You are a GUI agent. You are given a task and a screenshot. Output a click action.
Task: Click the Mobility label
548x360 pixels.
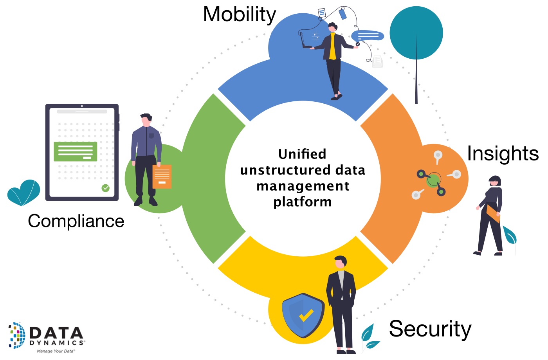[240, 15]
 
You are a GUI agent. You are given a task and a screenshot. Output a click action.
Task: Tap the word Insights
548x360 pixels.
[503, 153]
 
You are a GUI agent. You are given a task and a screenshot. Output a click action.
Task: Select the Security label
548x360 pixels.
[430, 329]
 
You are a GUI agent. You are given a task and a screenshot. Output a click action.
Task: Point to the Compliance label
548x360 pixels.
[76, 221]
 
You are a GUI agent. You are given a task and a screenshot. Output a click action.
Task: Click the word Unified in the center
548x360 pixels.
[302, 154]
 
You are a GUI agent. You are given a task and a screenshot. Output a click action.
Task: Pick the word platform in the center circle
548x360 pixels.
[302, 202]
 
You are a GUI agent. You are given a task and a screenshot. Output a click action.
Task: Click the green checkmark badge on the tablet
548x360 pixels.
[106, 188]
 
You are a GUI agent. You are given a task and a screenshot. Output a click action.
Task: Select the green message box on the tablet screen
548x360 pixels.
[75, 151]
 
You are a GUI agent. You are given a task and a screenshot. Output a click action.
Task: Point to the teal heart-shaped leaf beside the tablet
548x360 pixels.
[24, 192]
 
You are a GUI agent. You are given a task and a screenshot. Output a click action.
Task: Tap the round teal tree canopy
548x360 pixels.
[416, 33]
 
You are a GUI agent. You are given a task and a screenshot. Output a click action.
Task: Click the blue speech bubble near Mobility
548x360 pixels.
[368, 36]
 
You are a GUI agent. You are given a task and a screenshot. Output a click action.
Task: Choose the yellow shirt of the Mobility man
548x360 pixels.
[332, 46]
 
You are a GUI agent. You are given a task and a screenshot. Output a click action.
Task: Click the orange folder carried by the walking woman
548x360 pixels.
[493, 214]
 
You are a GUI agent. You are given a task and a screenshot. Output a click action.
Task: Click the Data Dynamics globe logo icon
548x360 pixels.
[17, 335]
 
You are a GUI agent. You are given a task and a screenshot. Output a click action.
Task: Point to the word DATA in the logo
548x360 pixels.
[56, 333]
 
